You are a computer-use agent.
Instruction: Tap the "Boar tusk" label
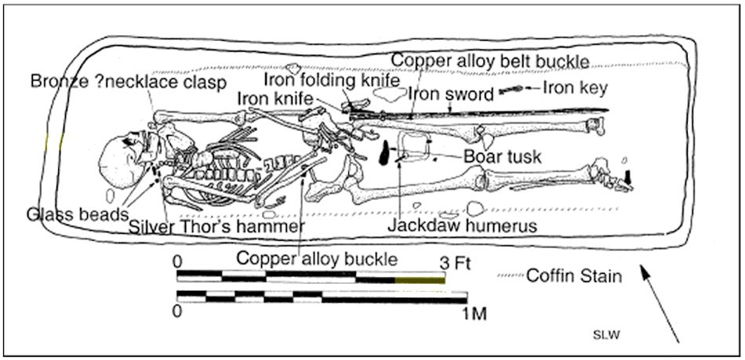(x=502, y=157)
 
